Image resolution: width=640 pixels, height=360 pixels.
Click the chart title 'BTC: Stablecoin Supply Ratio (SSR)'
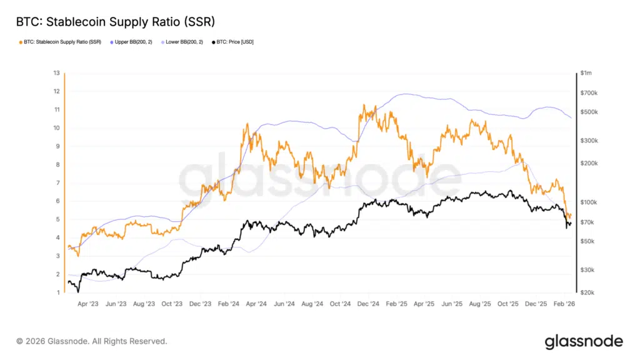[116, 22]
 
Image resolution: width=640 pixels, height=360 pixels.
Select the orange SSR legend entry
[60, 42]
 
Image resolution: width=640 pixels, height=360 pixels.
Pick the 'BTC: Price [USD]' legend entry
[232, 42]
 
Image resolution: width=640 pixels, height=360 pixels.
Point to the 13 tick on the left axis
[57, 73]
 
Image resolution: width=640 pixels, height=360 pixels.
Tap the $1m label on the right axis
[586, 73]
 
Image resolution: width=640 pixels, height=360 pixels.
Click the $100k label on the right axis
[589, 202]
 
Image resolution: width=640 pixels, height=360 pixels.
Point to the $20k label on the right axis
[587, 292]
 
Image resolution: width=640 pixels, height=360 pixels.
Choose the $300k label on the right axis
[589, 141]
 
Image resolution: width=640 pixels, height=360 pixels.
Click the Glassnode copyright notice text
[92, 341]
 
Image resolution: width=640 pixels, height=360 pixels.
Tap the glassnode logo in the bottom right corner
[584, 341]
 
